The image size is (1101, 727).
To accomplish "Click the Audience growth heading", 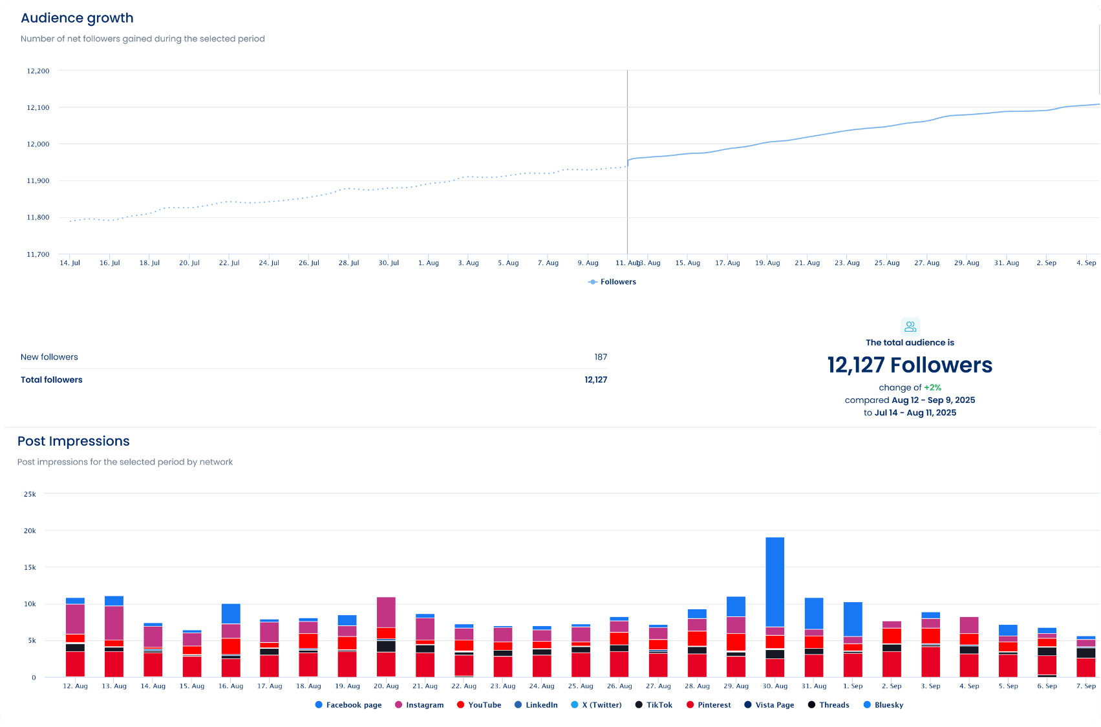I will (x=77, y=18).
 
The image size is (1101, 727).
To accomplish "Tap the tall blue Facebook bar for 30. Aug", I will (x=775, y=581).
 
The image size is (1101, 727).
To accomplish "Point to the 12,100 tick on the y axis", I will (x=37, y=107).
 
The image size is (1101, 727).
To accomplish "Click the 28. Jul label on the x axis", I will (x=348, y=263).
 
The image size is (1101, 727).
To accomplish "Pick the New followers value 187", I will (x=601, y=357).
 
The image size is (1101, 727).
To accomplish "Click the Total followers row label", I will (x=52, y=380).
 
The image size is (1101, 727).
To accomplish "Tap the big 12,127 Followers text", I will (x=910, y=365).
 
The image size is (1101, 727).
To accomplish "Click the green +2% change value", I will (x=932, y=387).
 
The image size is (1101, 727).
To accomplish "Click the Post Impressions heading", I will (x=74, y=441).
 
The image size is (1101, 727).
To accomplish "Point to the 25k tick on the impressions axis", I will (x=30, y=494).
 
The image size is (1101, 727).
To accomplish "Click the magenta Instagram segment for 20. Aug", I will (x=386, y=612).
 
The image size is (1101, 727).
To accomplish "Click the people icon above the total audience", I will (x=910, y=326).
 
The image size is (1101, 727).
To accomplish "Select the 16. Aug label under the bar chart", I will (x=231, y=686).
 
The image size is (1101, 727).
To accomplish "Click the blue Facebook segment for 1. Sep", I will (x=853, y=619).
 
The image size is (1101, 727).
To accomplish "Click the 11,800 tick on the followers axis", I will (x=37, y=218).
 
